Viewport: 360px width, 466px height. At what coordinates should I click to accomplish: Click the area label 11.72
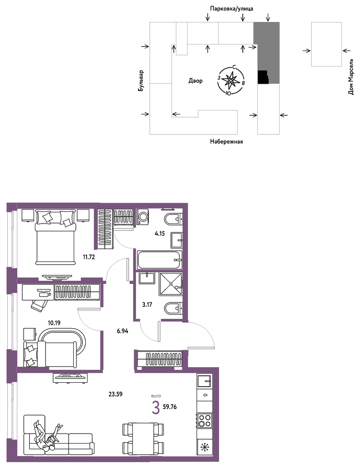(89, 257)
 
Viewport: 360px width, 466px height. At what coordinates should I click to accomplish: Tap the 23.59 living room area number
(116, 394)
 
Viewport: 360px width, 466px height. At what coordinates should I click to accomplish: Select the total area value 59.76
(170, 406)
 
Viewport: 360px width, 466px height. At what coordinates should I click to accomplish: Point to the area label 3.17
(147, 304)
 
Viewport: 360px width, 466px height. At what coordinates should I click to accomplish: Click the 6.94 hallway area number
(122, 331)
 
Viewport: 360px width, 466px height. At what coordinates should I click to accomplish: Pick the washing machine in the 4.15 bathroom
(143, 216)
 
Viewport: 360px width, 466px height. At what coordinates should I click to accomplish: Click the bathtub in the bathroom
(159, 260)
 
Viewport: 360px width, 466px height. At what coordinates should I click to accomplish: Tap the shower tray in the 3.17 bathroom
(170, 284)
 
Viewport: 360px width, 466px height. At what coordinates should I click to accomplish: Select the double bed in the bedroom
(55, 237)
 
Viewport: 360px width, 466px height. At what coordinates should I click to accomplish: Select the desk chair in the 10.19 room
(39, 305)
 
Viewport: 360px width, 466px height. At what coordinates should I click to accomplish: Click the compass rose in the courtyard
(231, 80)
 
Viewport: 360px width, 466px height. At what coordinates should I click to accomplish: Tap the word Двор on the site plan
(195, 81)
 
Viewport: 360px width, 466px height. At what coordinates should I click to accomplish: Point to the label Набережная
(226, 142)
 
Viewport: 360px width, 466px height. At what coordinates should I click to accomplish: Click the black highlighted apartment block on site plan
(263, 77)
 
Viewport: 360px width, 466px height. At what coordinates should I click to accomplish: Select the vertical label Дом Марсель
(351, 77)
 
